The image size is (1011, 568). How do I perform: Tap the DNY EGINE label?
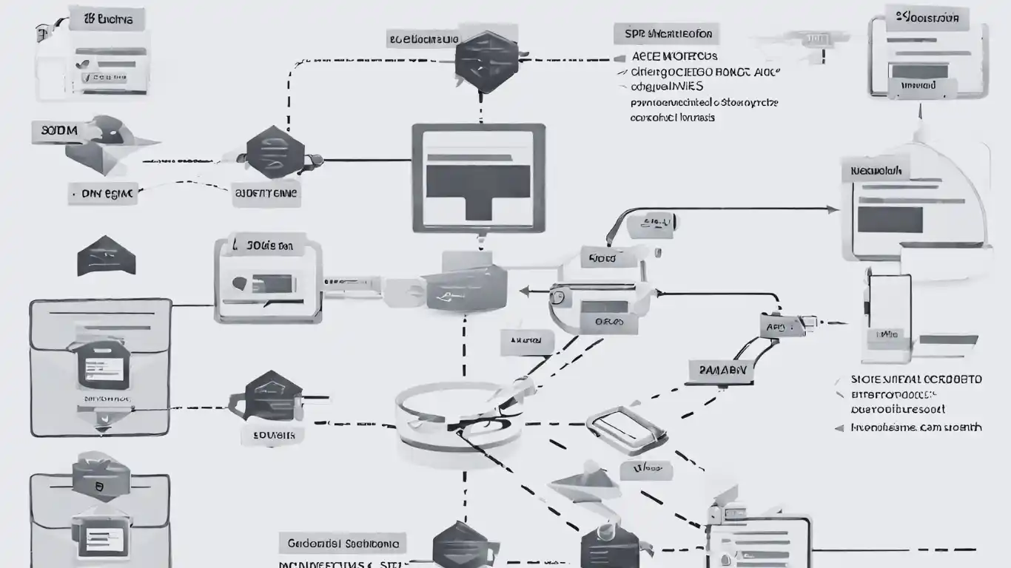tap(102, 194)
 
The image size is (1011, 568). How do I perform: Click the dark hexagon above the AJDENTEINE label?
tap(274, 153)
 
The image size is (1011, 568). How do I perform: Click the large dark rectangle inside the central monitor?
tap(478, 183)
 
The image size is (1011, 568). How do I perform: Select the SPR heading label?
tap(666, 34)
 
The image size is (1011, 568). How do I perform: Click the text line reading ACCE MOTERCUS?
tap(674, 56)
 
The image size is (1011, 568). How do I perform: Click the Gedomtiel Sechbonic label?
tap(343, 544)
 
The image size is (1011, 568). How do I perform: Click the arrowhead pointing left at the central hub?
tap(525, 291)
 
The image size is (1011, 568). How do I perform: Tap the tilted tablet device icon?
tap(622, 430)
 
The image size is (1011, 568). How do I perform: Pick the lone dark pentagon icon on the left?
tap(107, 256)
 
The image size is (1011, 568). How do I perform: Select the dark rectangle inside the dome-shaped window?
tap(890, 220)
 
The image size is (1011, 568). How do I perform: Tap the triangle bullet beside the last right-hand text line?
tap(839, 427)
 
